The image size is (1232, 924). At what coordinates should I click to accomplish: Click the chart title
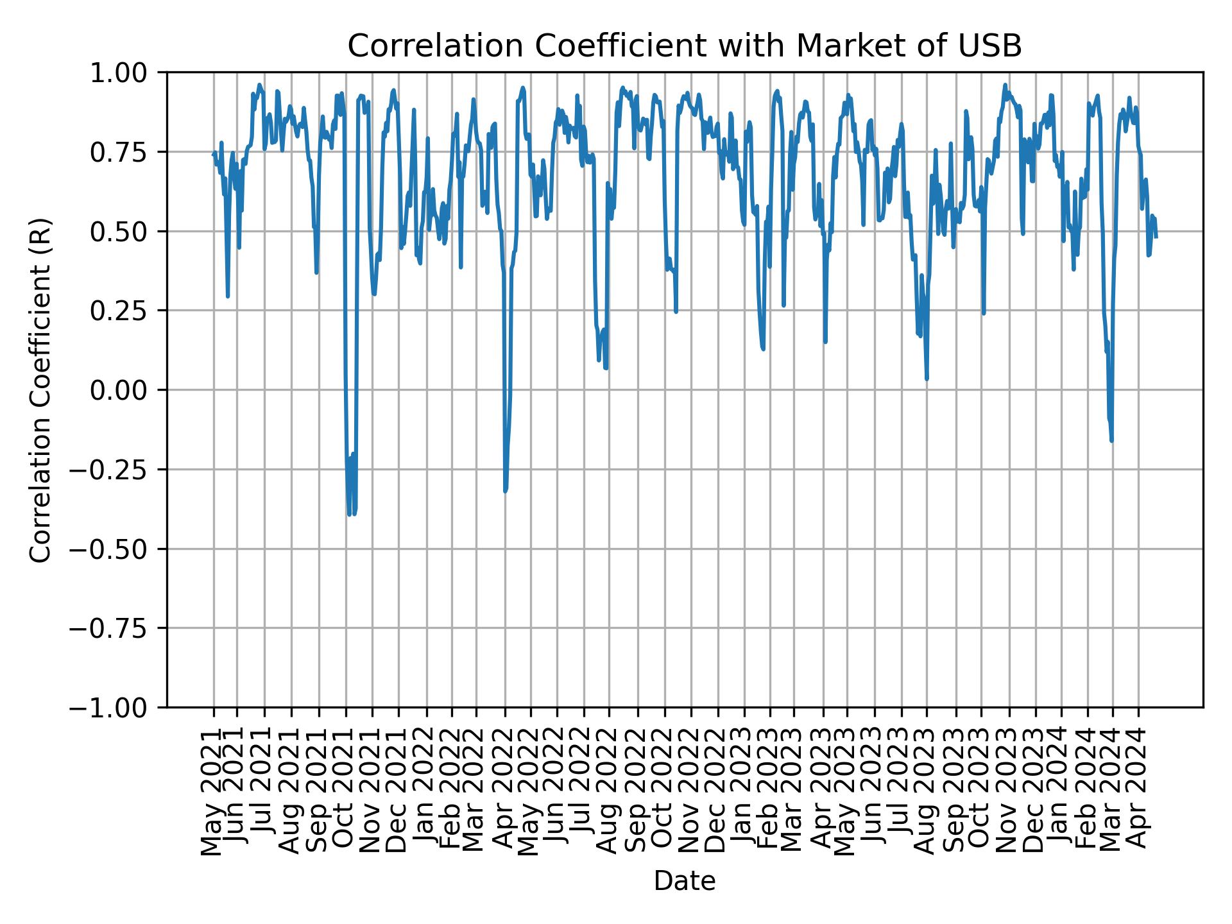coord(684,46)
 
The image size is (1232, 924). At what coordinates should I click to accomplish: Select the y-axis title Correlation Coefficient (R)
coord(40,389)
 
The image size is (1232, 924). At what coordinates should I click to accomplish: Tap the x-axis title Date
coord(684,881)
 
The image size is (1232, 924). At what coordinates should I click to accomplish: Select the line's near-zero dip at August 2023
coord(927,379)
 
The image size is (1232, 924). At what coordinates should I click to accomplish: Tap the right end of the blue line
coord(1156,237)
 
